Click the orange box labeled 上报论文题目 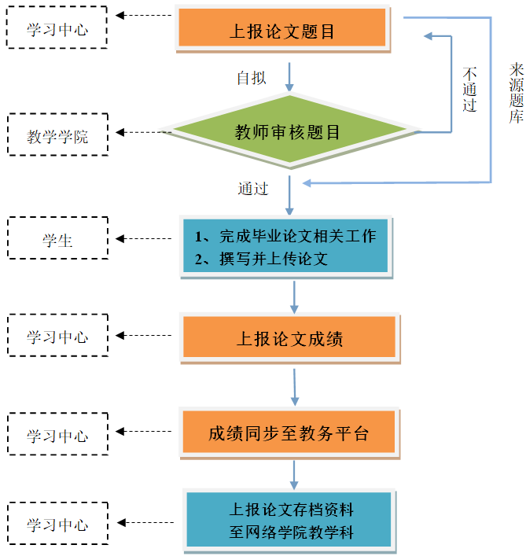pos(282,31)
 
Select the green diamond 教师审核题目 pos(288,131)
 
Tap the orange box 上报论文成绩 pos(289,338)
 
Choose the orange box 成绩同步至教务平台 pos(289,433)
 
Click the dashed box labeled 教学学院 pos(57,136)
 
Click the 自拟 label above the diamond pos(252,78)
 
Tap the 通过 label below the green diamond pos(253,189)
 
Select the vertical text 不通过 pos(470,87)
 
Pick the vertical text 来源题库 pos(516,95)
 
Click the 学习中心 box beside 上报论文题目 pos(57,30)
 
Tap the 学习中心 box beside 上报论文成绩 pos(57,337)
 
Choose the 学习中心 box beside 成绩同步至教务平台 pos(57,435)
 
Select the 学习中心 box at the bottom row pos(57,525)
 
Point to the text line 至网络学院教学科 pos(291,532)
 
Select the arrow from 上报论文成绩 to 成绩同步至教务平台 pos(295,386)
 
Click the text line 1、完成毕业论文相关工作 pos(285,236)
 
